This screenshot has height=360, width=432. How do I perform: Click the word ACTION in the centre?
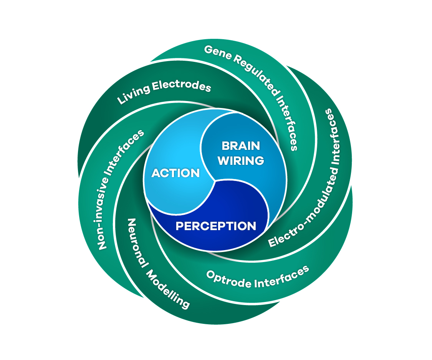coord(175,173)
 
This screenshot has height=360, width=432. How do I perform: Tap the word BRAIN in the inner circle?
coord(241,146)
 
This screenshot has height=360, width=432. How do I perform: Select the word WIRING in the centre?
coord(241,160)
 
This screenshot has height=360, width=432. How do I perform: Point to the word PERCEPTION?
coord(216,226)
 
